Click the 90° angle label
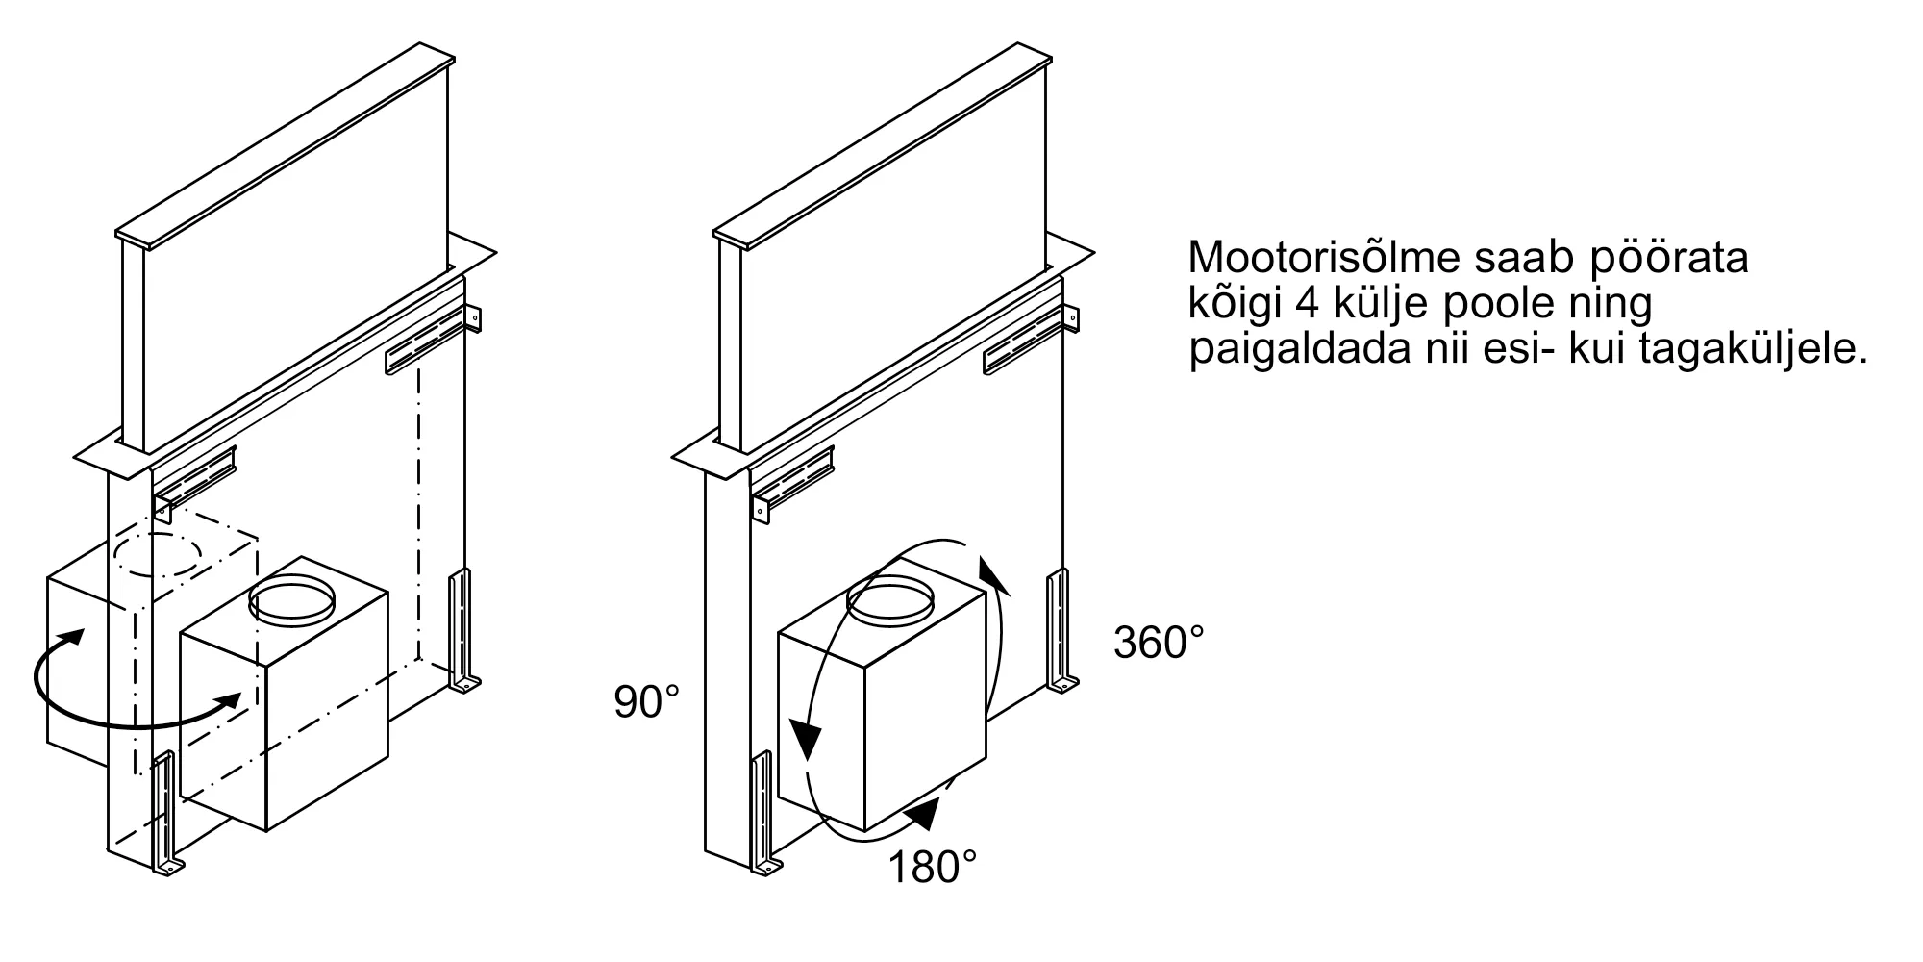[x=647, y=702]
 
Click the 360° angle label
[x=1158, y=642]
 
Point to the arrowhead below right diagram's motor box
[x=925, y=815]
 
